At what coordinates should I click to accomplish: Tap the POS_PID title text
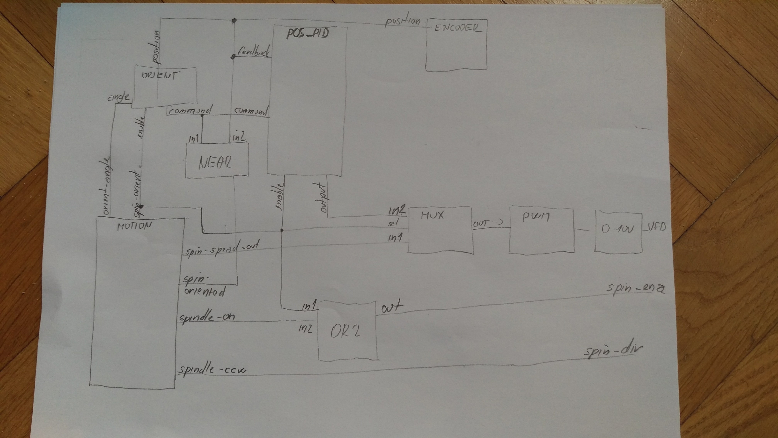tap(307, 34)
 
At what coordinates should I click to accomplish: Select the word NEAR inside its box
tap(215, 163)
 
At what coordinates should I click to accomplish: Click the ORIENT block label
tap(159, 76)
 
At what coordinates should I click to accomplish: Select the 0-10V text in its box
tap(617, 229)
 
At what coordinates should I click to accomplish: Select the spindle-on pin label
tap(207, 318)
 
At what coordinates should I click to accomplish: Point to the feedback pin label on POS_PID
tap(253, 52)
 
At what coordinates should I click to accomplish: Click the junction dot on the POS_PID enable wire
tap(282, 230)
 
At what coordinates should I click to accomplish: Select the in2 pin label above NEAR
tap(239, 138)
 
